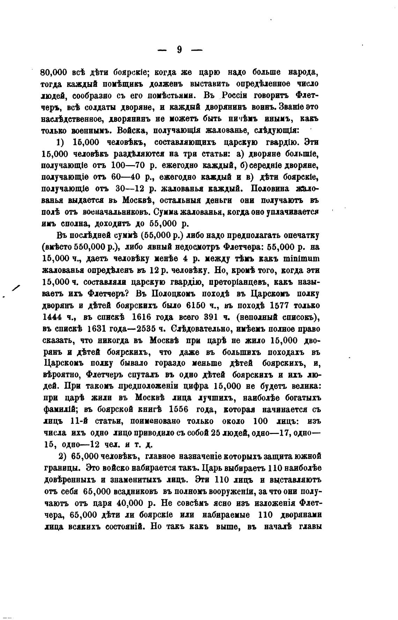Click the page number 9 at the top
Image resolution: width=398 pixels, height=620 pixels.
coord(179,50)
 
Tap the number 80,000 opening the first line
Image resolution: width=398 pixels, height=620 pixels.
coord(54,73)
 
